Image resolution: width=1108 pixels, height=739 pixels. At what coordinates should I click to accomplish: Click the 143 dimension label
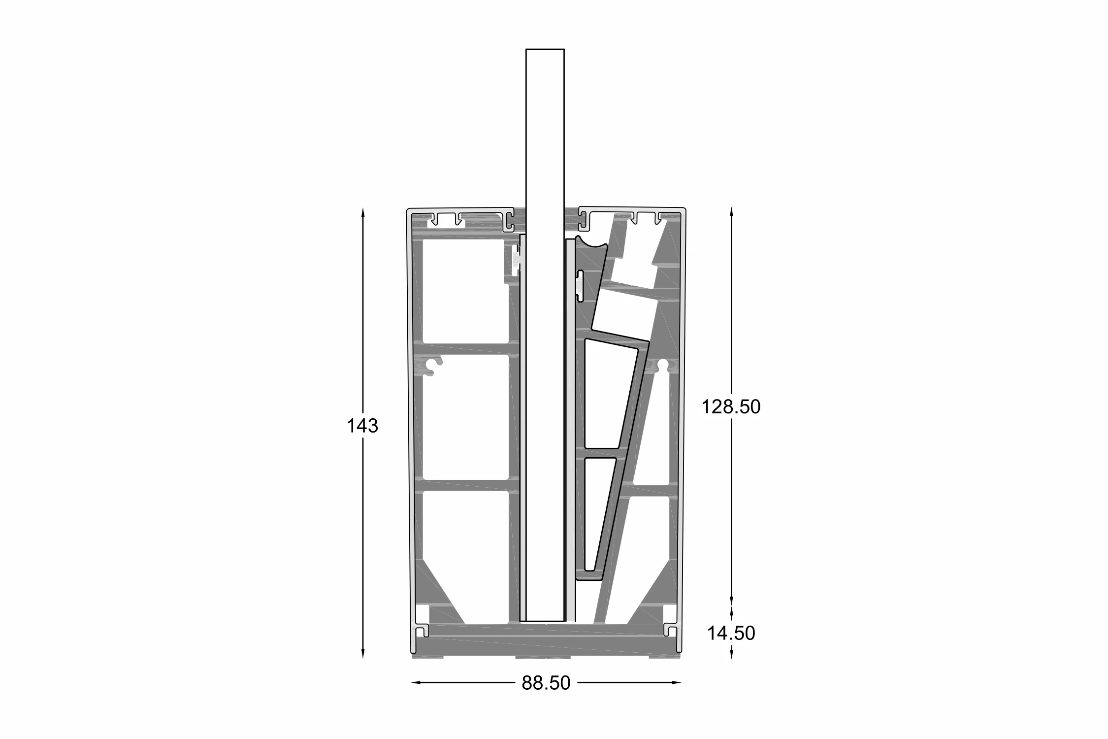(x=362, y=426)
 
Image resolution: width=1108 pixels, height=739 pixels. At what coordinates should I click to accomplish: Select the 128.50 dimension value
(x=731, y=407)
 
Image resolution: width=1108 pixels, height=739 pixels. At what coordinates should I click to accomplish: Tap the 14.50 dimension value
(x=731, y=633)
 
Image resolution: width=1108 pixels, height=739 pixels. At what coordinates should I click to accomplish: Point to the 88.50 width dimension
(x=546, y=683)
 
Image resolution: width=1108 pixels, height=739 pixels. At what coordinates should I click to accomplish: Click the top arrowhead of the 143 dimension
(x=363, y=212)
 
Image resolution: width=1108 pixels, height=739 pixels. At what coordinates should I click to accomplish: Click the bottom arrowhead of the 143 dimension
(x=363, y=653)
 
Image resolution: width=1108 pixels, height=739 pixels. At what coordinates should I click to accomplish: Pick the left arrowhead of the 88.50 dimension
(x=417, y=682)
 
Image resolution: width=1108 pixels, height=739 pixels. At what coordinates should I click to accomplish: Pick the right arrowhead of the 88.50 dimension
(x=676, y=682)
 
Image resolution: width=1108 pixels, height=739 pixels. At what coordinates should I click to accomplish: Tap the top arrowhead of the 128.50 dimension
(x=731, y=212)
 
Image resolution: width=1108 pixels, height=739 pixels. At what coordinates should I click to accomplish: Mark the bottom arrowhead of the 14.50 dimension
(x=731, y=653)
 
